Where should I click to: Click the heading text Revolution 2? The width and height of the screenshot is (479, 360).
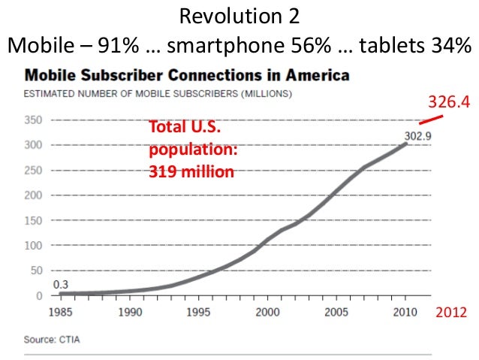click(x=239, y=17)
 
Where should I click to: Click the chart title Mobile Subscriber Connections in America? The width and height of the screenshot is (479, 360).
click(x=188, y=76)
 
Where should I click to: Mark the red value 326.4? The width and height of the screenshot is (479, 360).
click(x=448, y=101)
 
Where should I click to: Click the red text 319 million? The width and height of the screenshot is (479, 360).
click(x=190, y=171)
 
